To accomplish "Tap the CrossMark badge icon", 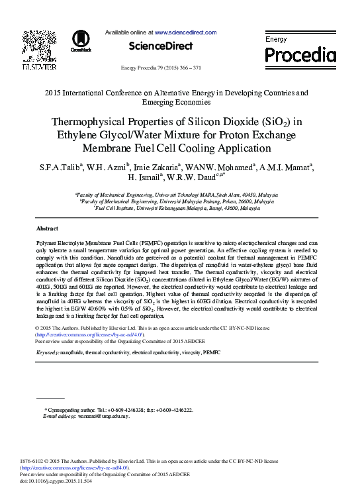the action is coord(81,42).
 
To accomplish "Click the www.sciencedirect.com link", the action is coord(185,32).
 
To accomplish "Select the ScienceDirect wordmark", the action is coord(160,46).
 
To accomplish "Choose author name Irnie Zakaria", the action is coord(155,166).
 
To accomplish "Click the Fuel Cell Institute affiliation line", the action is coord(177,208).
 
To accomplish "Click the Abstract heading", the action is coord(47,228).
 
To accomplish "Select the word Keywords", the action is coord(48,354).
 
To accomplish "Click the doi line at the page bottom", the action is coord(56,481).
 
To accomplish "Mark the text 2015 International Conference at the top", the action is coord(99,93).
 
